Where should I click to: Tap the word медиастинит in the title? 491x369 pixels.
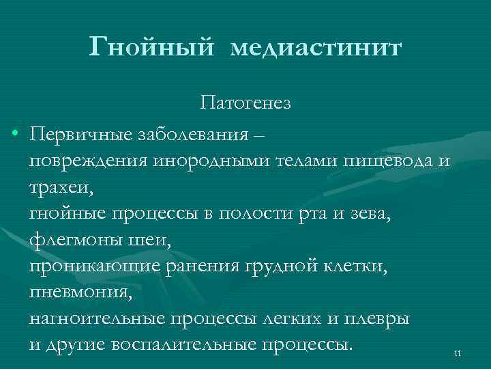pyautogui.click(x=317, y=49)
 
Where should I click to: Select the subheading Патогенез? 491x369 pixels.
pyautogui.click(x=245, y=103)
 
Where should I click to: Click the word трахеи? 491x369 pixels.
pyautogui.click(x=55, y=185)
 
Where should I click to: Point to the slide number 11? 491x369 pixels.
pyautogui.click(x=458, y=353)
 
